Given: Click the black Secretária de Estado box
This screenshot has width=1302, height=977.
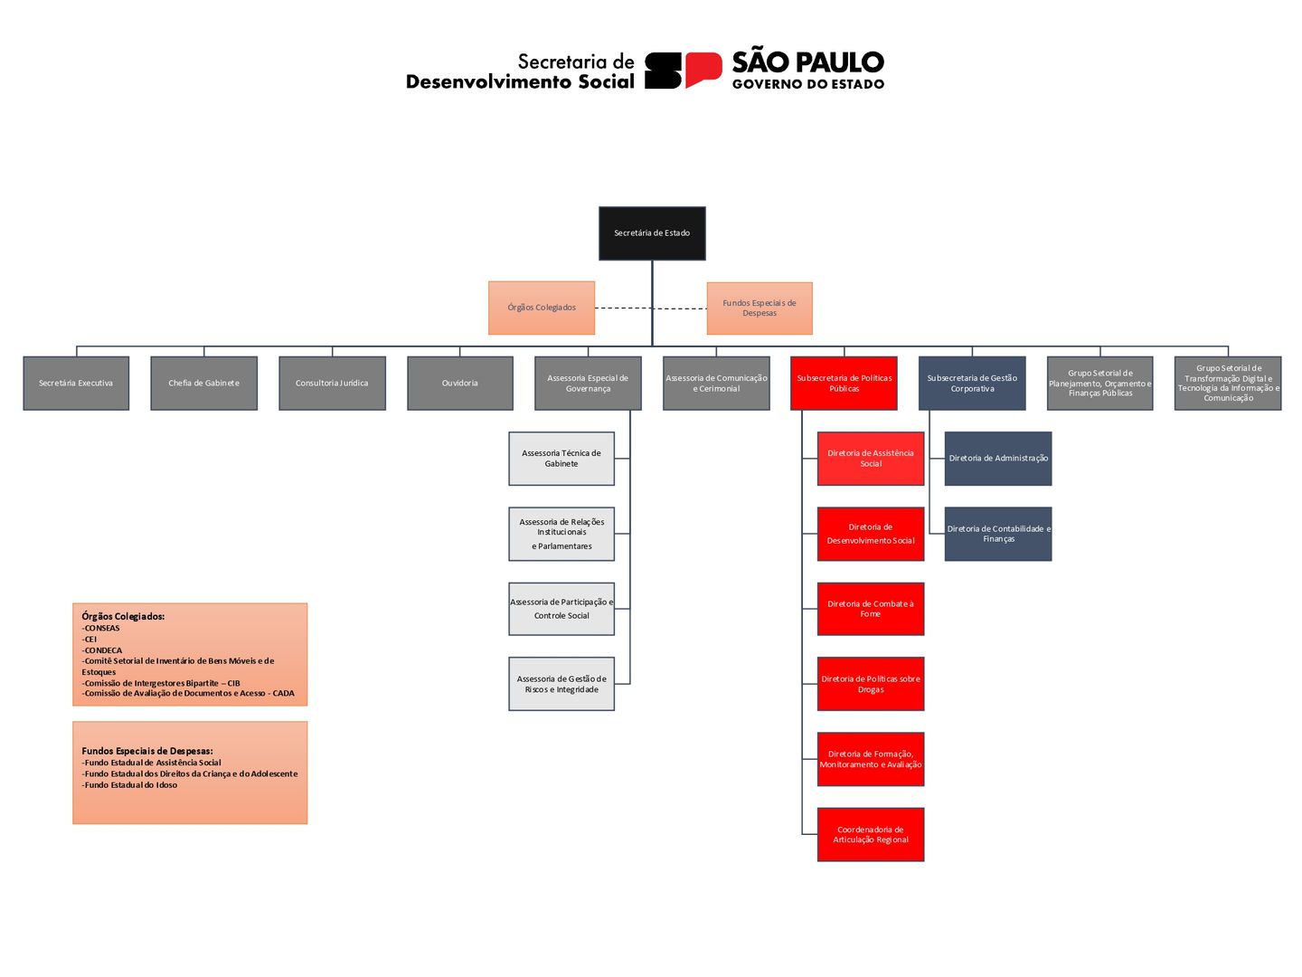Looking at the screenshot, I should click(x=652, y=233).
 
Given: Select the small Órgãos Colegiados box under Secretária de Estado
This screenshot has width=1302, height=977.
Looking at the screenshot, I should click(x=542, y=308).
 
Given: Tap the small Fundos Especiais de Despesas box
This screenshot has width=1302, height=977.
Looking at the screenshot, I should click(x=759, y=308).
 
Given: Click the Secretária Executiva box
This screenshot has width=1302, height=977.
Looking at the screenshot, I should click(x=76, y=384).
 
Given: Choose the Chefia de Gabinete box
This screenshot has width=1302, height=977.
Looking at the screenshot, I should click(x=204, y=384).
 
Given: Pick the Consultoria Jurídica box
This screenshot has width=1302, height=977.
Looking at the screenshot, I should click(x=332, y=384).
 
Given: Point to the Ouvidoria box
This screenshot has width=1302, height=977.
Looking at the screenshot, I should click(x=460, y=384).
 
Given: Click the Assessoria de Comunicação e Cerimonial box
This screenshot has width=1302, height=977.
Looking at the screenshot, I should click(x=716, y=384).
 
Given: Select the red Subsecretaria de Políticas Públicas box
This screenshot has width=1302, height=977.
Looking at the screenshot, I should click(x=844, y=384).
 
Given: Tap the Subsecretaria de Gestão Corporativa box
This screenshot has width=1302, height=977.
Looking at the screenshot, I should click(x=972, y=384).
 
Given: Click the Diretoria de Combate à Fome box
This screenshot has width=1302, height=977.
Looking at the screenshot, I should click(x=871, y=609).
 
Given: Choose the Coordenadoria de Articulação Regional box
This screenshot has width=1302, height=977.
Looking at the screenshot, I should click(x=871, y=834).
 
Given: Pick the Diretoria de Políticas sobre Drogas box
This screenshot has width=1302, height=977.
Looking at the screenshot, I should click(x=871, y=684).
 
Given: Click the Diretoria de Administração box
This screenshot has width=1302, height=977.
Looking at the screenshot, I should click(x=998, y=459).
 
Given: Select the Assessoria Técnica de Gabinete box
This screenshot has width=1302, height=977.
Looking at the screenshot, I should click(x=561, y=459).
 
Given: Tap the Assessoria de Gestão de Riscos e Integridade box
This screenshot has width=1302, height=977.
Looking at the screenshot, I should click(x=561, y=684).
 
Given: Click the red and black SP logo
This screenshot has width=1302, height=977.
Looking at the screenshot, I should click(x=683, y=71).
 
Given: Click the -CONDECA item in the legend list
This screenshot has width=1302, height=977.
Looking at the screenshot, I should click(x=103, y=650).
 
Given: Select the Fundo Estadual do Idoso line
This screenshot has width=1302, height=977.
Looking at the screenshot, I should click(x=130, y=785).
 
